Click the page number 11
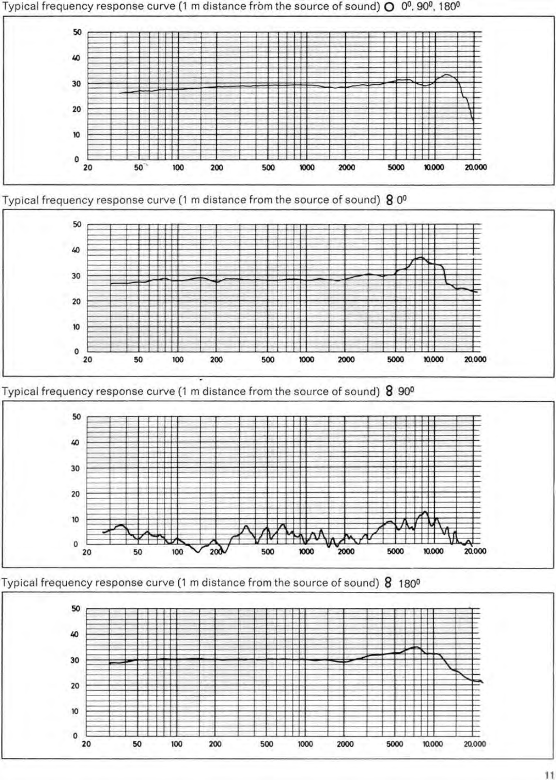click(x=549, y=775)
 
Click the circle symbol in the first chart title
click(x=389, y=7)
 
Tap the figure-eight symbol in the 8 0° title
click(x=389, y=200)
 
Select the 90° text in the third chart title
click(x=406, y=391)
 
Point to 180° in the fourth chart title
click(x=409, y=584)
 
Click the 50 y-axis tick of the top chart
click(x=77, y=32)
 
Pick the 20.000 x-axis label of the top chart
click(x=476, y=167)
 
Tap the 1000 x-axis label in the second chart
click(x=307, y=360)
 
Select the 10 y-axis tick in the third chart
click(x=76, y=520)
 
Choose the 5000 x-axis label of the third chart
click(x=395, y=551)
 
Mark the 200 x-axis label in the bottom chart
click(x=215, y=744)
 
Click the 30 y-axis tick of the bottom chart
click(x=75, y=660)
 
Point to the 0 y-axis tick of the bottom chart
click(x=75, y=736)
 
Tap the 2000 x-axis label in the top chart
click(x=346, y=167)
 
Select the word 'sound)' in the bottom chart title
click(x=362, y=583)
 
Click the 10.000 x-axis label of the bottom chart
click(x=433, y=744)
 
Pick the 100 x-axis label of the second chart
click(x=178, y=360)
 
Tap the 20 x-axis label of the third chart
click(x=87, y=552)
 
